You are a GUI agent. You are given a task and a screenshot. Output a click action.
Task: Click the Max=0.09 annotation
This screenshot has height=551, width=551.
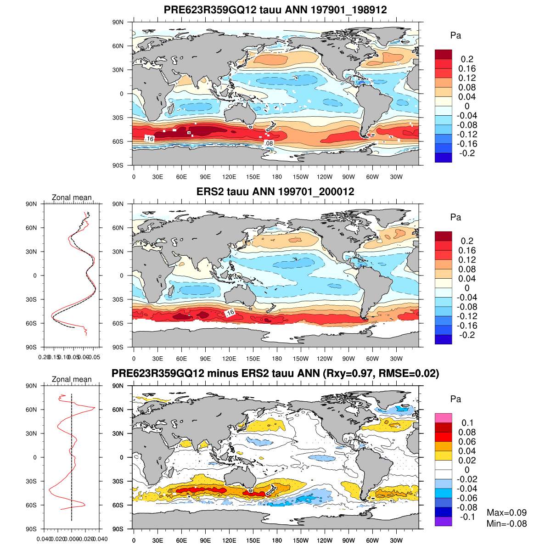(x=506, y=513)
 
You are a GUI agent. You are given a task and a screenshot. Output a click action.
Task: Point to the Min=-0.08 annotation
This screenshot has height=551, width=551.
(x=506, y=524)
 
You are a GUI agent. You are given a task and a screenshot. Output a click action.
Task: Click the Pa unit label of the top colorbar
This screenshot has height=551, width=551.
(x=455, y=36)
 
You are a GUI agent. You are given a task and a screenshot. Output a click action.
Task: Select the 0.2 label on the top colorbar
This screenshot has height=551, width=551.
(x=467, y=59)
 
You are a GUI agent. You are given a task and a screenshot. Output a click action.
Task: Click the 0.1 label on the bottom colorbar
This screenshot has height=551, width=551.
(x=467, y=423)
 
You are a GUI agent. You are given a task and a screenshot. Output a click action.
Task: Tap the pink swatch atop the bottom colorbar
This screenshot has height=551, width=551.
(x=443, y=418)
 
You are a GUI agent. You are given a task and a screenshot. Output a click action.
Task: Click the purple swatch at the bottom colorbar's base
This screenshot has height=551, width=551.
(x=443, y=521)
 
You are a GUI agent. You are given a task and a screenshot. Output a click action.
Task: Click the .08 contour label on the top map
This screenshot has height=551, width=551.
(x=269, y=144)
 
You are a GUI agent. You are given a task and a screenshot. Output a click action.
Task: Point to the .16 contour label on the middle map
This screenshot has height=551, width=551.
(x=230, y=313)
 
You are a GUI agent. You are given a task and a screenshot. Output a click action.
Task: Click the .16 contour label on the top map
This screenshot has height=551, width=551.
(x=149, y=138)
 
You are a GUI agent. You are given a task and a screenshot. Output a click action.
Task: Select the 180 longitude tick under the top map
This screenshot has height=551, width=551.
(x=277, y=177)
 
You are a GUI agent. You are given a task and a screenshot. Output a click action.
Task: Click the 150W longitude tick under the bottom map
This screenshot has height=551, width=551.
(x=301, y=541)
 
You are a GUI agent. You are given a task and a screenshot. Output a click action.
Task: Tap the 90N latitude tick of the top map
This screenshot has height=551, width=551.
(x=118, y=22)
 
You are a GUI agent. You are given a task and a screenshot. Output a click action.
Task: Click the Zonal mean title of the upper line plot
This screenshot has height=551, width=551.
(x=72, y=198)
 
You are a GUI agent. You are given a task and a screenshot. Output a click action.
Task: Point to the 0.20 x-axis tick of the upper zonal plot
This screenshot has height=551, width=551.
(x=44, y=357)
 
